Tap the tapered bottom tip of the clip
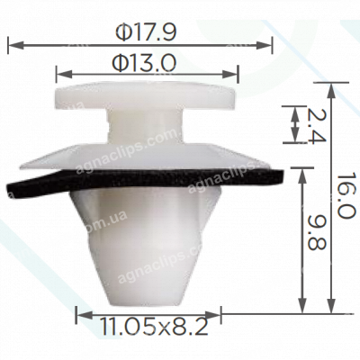[x=144, y=283]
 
